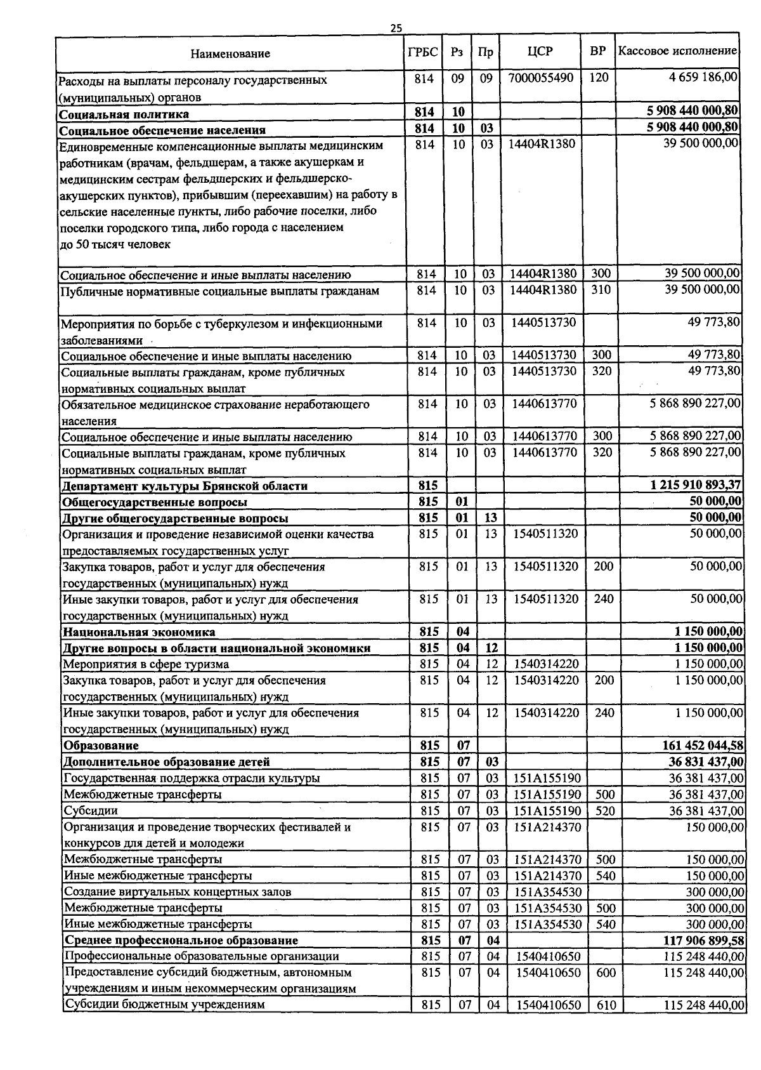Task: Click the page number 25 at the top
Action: (396, 28)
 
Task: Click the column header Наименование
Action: (230, 53)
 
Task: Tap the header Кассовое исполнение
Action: (678, 51)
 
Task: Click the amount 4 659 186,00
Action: (703, 77)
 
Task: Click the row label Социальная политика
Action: (124, 114)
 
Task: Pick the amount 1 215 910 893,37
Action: (696, 485)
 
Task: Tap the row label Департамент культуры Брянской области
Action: (185, 486)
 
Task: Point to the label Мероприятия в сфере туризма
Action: (146, 664)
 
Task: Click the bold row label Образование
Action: (101, 746)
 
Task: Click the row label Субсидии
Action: (91, 810)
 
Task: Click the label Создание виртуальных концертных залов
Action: (178, 892)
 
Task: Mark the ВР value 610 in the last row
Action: (606, 1005)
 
